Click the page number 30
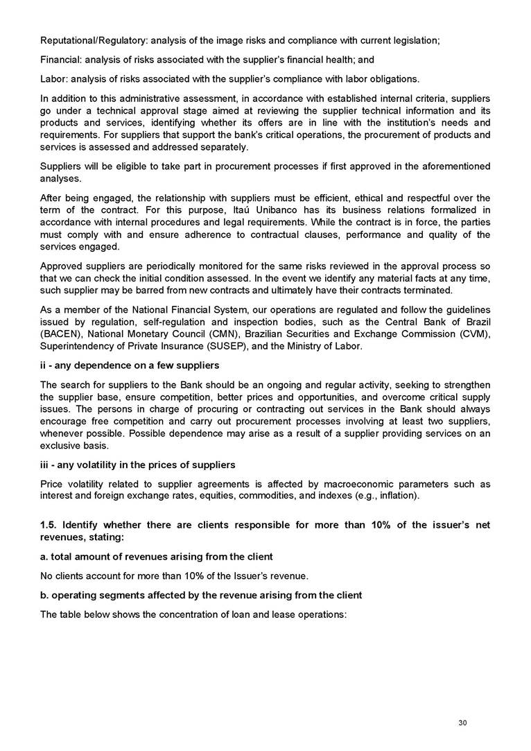[463, 723]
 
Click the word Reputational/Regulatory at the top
[86, 40]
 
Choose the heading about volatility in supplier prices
[138, 464]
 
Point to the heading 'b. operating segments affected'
[201, 596]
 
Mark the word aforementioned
[454, 166]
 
